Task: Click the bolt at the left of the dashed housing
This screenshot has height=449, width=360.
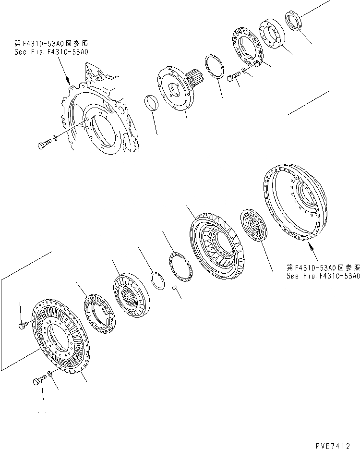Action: (44, 143)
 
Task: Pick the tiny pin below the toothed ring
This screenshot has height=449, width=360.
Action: (175, 288)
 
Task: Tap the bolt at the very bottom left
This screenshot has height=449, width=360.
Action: (39, 381)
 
